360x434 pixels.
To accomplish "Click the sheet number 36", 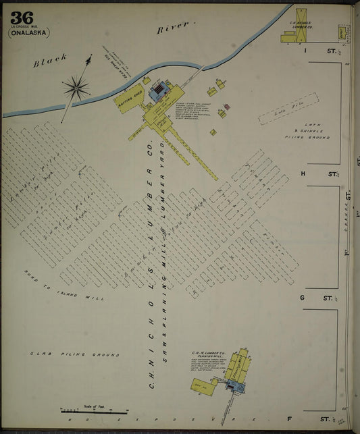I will click(x=22, y=18).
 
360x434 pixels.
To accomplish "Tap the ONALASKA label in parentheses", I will click(x=29, y=32).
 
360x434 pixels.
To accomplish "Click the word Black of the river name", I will click(x=50, y=61).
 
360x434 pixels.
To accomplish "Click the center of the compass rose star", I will click(x=76, y=86).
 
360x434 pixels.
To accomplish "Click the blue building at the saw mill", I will click(x=160, y=91).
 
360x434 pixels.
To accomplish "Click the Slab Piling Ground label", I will click(x=74, y=354).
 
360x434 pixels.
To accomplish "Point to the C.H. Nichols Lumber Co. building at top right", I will click(x=299, y=27).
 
